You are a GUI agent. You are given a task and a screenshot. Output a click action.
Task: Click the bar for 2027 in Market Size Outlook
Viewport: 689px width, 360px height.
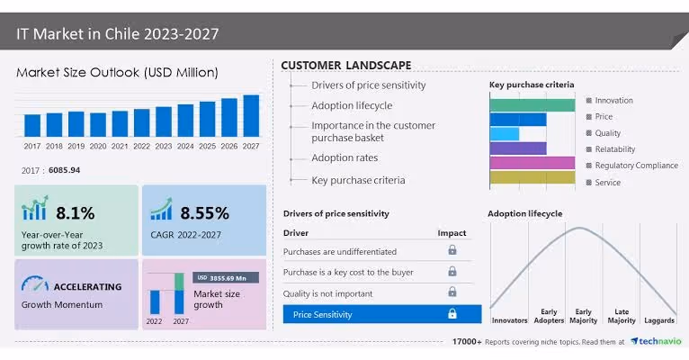[x=251, y=116]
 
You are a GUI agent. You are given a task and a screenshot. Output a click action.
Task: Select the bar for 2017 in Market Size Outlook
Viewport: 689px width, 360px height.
[x=32, y=125]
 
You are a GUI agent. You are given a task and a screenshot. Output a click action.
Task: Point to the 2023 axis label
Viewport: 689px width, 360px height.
[x=164, y=146]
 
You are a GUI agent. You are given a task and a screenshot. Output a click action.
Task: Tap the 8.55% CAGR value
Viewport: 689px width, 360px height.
[x=204, y=213]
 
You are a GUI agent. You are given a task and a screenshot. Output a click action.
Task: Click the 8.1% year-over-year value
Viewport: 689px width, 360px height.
[x=75, y=213]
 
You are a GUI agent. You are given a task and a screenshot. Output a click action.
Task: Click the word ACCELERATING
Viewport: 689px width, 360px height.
[x=87, y=286]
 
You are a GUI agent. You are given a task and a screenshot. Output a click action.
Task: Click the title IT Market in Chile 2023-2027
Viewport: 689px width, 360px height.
[x=118, y=34]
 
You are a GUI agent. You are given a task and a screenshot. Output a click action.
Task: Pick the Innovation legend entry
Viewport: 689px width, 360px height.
[x=613, y=101]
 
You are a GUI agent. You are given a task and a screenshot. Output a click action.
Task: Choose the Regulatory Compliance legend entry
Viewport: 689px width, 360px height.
[x=636, y=166]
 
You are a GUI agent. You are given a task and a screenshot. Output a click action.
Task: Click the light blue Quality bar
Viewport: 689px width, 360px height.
[x=505, y=134]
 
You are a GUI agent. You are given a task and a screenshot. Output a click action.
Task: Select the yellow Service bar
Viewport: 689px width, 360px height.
[x=532, y=177]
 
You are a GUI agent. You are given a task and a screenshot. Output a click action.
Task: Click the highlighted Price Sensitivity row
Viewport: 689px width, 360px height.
[x=382, y=314]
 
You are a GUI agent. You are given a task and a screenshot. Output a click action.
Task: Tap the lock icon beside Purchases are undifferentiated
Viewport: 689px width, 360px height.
[x=452, y=251]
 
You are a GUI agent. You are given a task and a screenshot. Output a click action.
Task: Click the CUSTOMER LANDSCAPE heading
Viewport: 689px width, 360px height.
[x=345, y=66]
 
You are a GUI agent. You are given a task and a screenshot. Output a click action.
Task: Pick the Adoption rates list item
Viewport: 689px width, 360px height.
[x=344, y=158]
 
